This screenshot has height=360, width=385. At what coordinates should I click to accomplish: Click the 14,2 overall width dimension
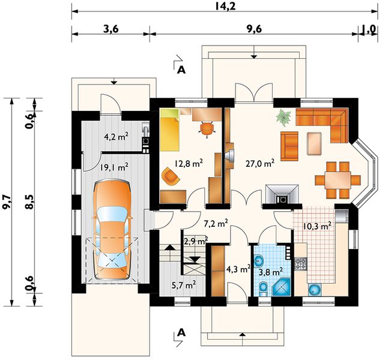tap(225, 7)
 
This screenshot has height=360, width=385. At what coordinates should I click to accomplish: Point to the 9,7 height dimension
tap(7, 202)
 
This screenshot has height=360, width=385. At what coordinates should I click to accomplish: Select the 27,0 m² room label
tap(260, 163)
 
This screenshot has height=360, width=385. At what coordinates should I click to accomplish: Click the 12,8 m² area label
tap(189, 163)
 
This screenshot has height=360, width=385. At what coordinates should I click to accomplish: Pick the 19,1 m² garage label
tap(114, 167)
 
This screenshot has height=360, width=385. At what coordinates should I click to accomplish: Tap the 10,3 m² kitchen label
tap(317, 226)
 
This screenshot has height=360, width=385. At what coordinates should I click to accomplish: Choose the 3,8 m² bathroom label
tap(271, 272)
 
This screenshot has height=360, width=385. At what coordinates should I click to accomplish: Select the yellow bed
tap(169, 130)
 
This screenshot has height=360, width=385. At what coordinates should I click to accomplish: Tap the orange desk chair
tap(207, 129)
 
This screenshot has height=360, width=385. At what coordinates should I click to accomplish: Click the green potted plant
tap(283, 118)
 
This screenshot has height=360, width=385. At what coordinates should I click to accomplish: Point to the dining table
tap(338, 180)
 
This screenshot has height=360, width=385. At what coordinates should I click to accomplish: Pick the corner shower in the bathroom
tap(282, 287)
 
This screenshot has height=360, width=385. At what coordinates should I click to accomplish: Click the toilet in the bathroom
tap(263, 289)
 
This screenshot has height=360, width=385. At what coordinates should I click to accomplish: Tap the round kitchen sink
tap(315, 289)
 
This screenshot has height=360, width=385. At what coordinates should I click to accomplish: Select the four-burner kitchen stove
tap(300, 264)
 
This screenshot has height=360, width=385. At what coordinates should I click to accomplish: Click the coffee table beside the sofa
tap(314, 144)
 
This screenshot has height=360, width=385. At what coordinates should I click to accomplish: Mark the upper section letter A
tap(181, 70)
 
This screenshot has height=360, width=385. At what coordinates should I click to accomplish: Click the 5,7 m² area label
tap(184, 285)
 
